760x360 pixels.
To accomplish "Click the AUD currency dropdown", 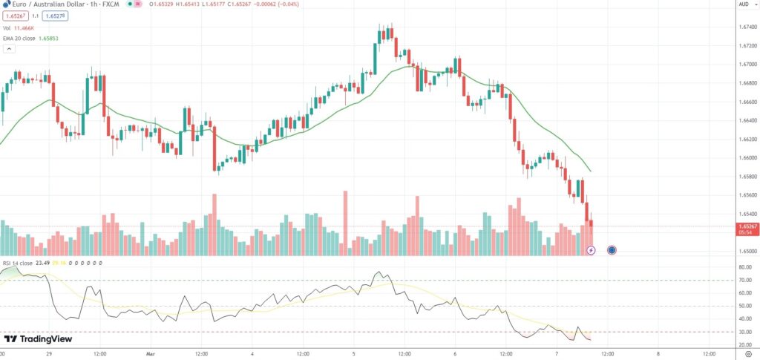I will [x=742, y=4].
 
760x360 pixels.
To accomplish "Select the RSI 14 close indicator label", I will [x=17, y=263].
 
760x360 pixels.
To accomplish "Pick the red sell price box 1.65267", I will [x=15, y=16].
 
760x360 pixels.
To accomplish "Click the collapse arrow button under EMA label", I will [x=10, y=49].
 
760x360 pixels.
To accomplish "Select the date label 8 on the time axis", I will [x=658, y=354].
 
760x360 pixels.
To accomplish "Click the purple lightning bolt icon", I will [x=591, y=250].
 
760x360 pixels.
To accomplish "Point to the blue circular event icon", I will [x=611, y=250].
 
